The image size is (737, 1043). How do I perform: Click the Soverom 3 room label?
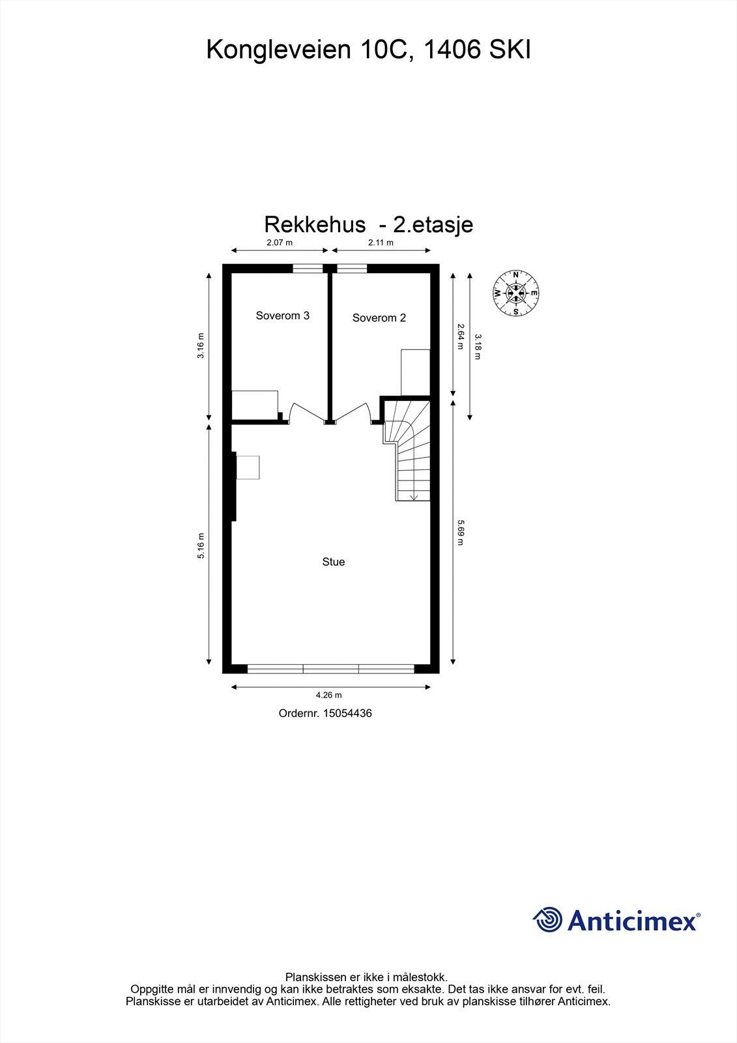[282, 316]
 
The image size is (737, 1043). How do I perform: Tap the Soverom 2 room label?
[379, 318]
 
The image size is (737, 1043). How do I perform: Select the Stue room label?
[333, 562]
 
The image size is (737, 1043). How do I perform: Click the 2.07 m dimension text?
[280, 242]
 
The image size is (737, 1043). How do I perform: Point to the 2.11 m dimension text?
[381, 242]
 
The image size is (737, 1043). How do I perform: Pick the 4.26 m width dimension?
[328, 696]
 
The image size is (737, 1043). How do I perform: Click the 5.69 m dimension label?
[460, 532]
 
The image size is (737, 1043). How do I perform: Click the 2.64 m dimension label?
[460, 336]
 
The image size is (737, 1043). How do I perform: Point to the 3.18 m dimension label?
[478, 347]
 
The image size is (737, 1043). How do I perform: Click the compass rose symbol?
[516, 293]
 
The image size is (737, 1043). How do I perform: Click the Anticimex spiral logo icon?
[548, 920]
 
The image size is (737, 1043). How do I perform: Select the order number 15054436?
[347, 713]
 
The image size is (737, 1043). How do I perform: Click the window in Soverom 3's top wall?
[308, 268]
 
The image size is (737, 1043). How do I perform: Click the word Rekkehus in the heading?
[315, 224]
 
